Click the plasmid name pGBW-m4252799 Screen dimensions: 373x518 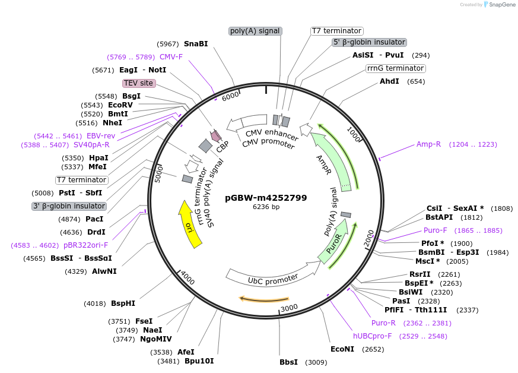click(x=266, y=198)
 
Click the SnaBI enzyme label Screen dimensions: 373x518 click(x=196, y=44)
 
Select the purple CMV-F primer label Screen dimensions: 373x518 click(x=171, y=57)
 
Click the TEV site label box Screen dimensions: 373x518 click(x=139, y=83)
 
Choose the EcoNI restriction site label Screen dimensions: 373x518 click(x=342, y=349)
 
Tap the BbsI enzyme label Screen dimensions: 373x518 click(x=288, y=362)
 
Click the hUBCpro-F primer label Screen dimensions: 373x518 click(x=372, y=336)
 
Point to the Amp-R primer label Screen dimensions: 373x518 click(x=428, y=144)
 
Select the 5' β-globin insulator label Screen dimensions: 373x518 click(x=369, y=42)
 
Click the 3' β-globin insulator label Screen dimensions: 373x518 click(x=69, y=206)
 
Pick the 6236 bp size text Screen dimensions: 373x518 click(x=266, y=207)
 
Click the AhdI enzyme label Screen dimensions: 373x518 click(x=389, y=81)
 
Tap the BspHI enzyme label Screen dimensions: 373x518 click(x=123, y=304)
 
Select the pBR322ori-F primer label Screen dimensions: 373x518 click(x=86, y=245)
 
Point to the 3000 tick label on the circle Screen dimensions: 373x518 click(x=289, y=308)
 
